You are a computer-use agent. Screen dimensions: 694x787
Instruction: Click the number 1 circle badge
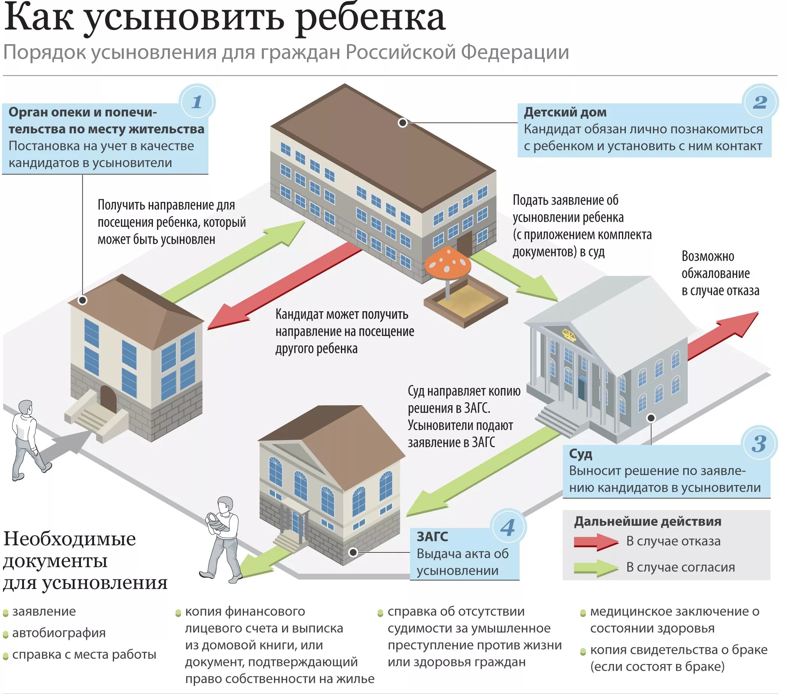[197, 102]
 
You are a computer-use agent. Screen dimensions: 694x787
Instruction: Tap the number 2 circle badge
[760, 102]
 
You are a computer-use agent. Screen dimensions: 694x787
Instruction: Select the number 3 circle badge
[759, 444]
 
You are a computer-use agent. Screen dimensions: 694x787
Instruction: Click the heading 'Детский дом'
[565, 112]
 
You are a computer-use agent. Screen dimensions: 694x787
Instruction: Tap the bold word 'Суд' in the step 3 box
[580, 454]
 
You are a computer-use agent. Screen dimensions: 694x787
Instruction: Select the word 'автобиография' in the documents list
[59, 633]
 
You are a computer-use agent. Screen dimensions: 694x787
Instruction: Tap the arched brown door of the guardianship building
[108, 399]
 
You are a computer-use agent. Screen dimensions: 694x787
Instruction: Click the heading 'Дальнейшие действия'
[648, 522]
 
